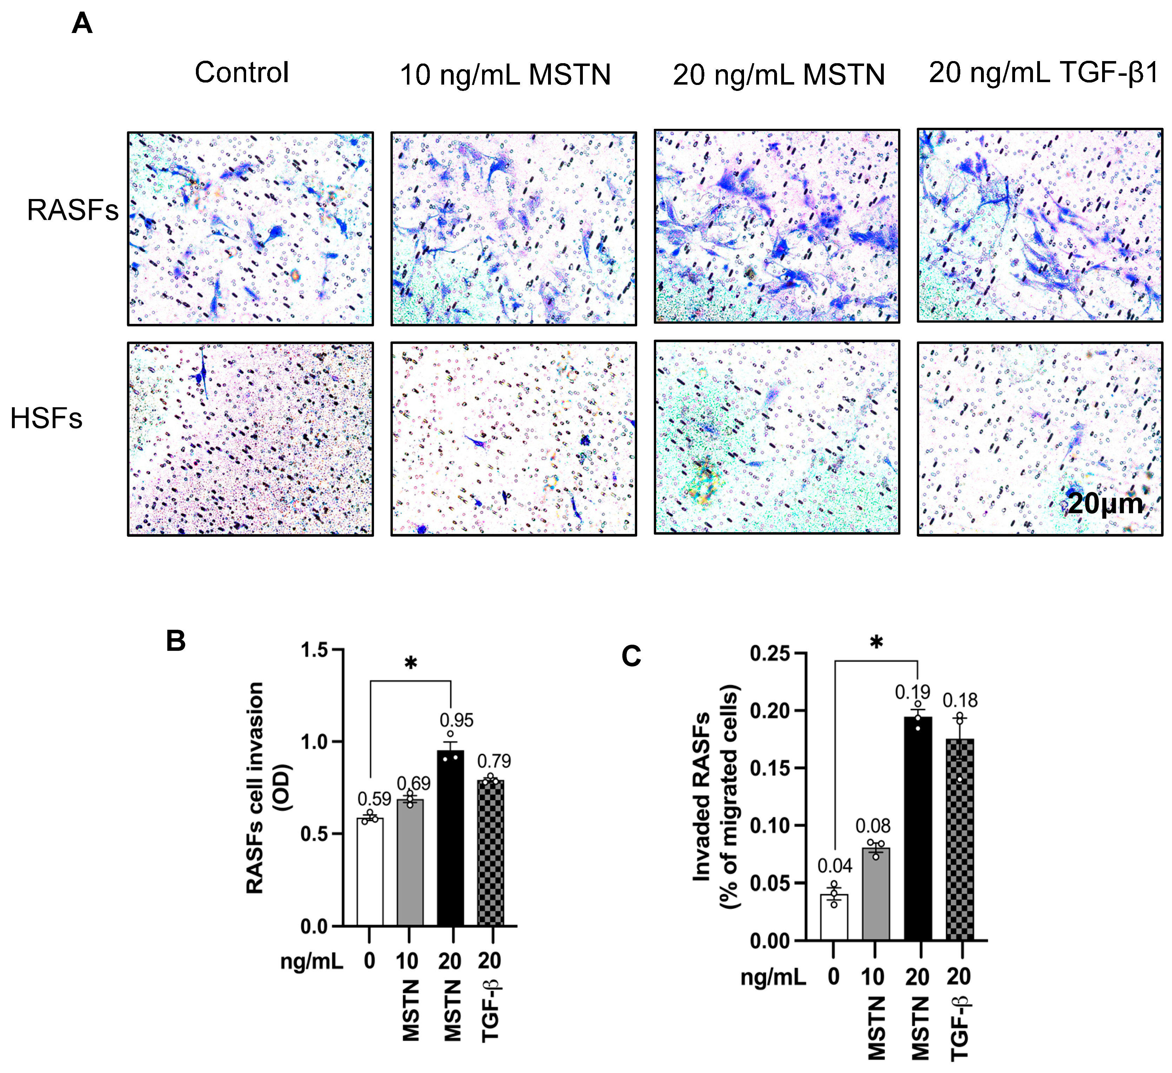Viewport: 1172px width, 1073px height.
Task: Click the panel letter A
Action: coord(82,25)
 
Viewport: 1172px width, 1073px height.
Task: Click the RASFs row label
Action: coord(73,210)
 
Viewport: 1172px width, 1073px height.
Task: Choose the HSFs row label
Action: coord(46,418)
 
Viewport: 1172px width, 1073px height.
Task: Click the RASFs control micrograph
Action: coord(251,228)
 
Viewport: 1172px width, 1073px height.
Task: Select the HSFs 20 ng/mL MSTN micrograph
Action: coord(777,437)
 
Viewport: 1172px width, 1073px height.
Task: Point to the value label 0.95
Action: coord(456,720)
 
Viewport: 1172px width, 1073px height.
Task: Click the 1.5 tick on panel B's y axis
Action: coord(315,650)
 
